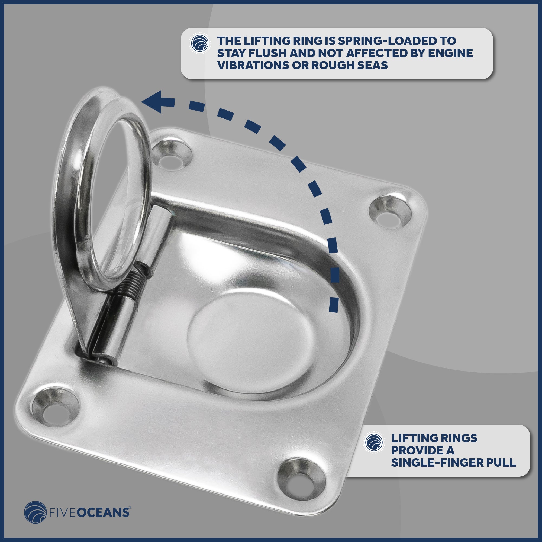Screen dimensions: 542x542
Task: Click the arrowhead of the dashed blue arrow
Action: [x=156, y=102]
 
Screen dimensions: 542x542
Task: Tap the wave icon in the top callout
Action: [x=200, y=44]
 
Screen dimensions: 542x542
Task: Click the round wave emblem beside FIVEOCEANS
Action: [x=35, y=512]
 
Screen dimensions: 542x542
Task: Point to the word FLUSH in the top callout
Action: [x=266, y=53]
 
